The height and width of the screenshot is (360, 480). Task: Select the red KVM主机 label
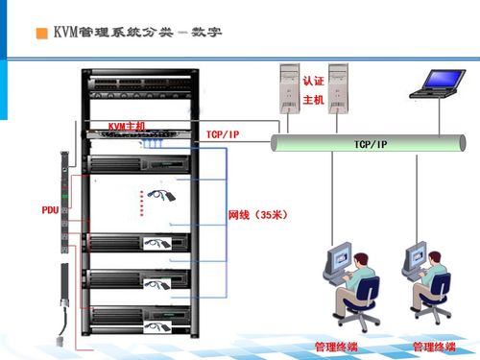[x=126, y=126]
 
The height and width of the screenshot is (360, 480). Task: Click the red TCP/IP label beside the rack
[x=222, y=134]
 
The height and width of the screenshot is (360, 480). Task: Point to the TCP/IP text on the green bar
[x=371, y=144]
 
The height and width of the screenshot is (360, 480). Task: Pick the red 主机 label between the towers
[x=313, y=99]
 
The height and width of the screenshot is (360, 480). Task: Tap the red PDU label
[x=50, y=209]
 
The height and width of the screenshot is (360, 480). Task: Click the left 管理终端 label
[x=336, y=346]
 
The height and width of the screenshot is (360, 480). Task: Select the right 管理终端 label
[x=433, y=346]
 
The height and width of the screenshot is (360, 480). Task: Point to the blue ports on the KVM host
[x=153, y=144]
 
